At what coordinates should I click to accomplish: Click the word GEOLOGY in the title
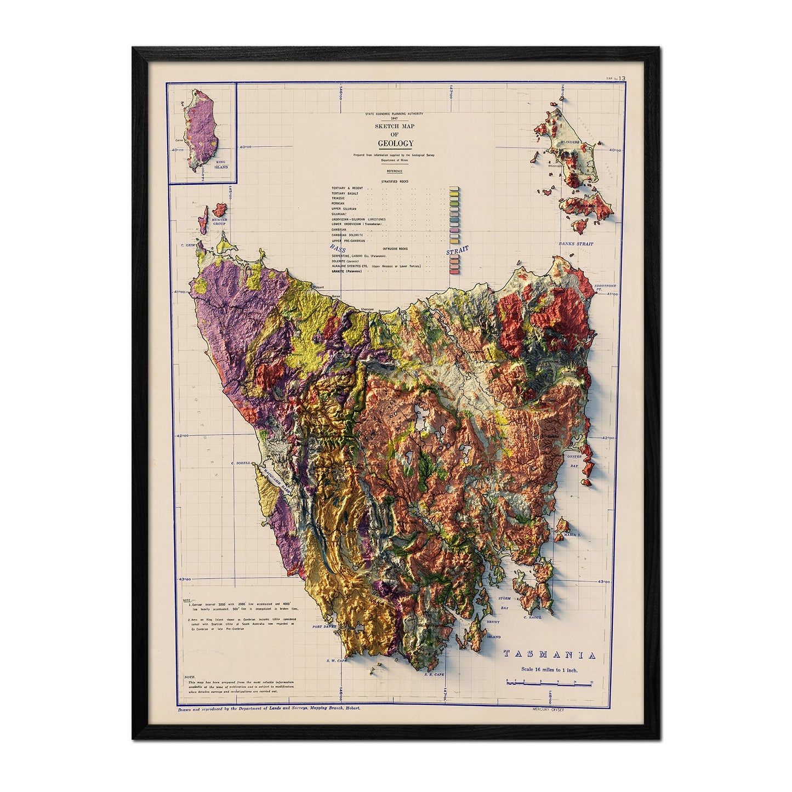395,144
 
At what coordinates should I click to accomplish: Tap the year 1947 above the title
395,118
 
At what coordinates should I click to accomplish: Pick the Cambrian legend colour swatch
453,230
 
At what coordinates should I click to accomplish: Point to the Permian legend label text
340,203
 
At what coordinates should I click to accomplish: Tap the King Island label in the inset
220,164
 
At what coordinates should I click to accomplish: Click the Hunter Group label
219,222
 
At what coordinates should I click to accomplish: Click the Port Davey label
323,626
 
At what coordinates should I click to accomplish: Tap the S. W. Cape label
338,660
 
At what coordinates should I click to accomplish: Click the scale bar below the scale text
549,683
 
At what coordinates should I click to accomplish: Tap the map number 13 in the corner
622,79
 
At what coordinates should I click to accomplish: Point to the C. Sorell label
241,463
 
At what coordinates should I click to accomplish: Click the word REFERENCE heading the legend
395,171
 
